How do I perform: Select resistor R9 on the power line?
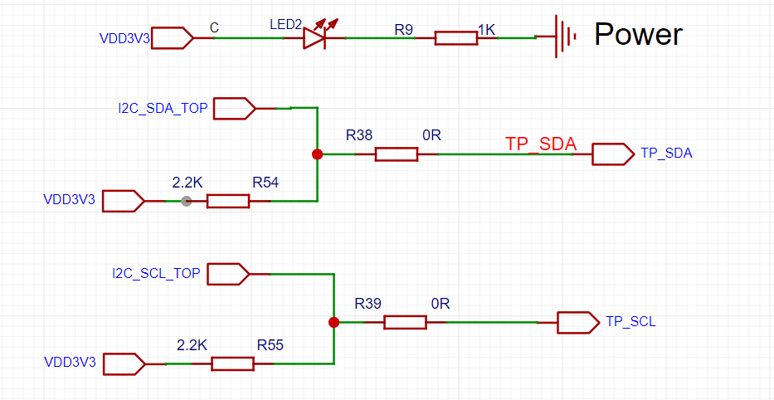click(455, 37)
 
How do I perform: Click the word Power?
click(638, 34)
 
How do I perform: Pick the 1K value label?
click(486, 30)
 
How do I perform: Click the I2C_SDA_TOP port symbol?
click(236, 108)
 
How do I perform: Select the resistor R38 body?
click(396, 154)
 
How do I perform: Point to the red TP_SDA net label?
click(540, 143)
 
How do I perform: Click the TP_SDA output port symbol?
click(612, 154)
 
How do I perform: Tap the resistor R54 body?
click(227, 201)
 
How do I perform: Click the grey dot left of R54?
click(187, 201)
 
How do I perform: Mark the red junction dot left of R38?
click(316, 154)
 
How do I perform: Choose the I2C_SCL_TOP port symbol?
click(227, 273)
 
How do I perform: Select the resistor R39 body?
click(405, 322)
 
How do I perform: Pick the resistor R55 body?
click(232, 363)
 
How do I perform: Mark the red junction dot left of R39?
click(333, 322)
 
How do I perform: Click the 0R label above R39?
click(440, 304)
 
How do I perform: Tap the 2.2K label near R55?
click(192, 344)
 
